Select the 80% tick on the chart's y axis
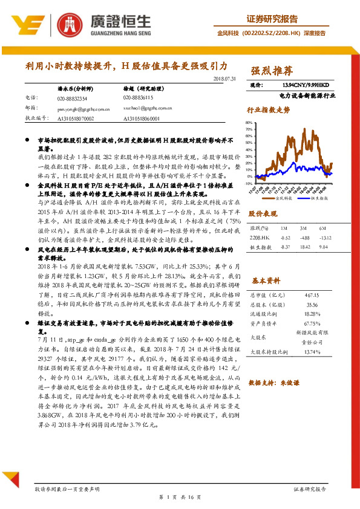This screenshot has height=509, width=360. pos(249,123)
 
